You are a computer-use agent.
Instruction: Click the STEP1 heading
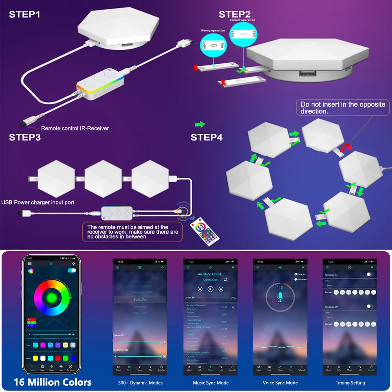point(24,15)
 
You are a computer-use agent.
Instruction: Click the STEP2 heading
point(234,14)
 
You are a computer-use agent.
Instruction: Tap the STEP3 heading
point(25,137)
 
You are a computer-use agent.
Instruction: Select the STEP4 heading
point(206,137)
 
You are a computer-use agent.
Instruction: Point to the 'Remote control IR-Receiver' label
point(75,128)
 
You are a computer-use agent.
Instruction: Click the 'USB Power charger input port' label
point(38,203)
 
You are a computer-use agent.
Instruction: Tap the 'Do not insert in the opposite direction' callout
point(343,107)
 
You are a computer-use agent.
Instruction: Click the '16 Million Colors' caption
point(53,382)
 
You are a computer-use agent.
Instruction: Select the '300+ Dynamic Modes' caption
point(140,383)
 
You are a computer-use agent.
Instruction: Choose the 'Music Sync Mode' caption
point(211,383)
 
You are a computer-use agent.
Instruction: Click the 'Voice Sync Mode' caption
point(280,383)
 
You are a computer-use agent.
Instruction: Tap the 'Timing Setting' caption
point(350,383)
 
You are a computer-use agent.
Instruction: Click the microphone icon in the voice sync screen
point(280,297)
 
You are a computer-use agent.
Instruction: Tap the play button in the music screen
point(211,289)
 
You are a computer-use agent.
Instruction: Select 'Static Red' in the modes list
point(140,299)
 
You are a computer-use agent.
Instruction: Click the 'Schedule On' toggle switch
point(370,274)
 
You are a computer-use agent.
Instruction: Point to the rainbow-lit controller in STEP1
point(100,86)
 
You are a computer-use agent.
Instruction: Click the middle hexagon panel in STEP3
point(103,179)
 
